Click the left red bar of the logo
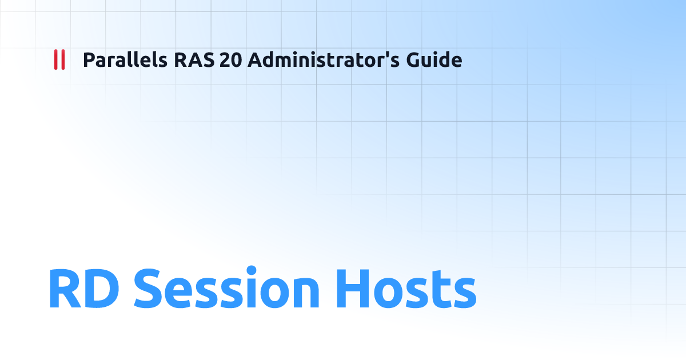click(x=56, y=59)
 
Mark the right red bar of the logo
click(x=62, y=59)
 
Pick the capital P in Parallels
click(x=89, y=59)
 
